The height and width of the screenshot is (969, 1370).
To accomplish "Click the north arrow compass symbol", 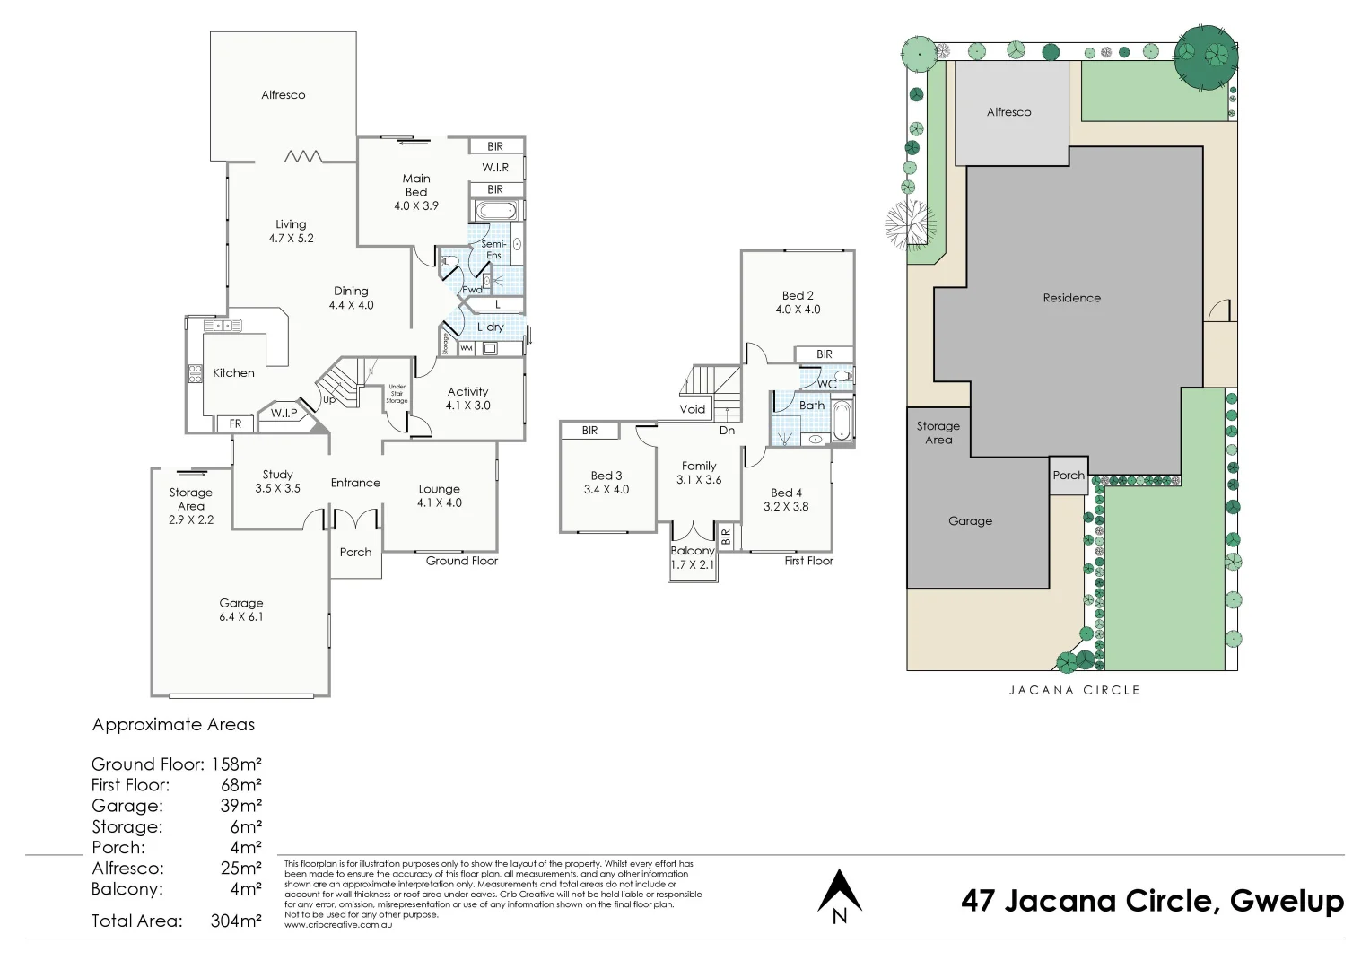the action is (840, 896).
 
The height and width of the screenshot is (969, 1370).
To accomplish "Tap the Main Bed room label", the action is (416, 186).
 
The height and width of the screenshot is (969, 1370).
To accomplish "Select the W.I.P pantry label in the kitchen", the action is (284, 414).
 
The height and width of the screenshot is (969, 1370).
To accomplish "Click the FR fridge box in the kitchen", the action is (235, 423).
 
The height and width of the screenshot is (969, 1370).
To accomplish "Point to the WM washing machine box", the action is (467, 348).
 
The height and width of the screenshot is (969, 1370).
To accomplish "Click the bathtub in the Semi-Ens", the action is (496, 211).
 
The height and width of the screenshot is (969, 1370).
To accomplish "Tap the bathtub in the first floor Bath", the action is (842, 420).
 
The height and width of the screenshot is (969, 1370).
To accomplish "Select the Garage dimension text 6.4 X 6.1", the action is (241, 616).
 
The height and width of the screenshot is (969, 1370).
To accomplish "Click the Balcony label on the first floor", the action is (693, 551).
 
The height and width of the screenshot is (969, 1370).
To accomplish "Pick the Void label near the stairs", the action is (693, 409).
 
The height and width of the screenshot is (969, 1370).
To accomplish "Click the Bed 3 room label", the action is (606, 476).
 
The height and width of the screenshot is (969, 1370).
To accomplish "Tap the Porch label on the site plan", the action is (1069, 475).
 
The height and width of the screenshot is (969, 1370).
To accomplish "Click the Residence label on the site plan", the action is (1071, 298).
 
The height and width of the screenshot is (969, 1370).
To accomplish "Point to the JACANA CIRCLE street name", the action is (1075, 690).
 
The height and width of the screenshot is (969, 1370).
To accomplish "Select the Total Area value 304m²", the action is (236, 921).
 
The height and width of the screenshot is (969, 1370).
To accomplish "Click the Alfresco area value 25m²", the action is (241, 869).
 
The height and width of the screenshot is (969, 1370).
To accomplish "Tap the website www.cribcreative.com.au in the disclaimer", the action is (338, 924).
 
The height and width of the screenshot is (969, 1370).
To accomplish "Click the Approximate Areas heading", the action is (173, 725).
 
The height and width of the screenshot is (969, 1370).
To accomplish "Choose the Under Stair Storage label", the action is (397, 393).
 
